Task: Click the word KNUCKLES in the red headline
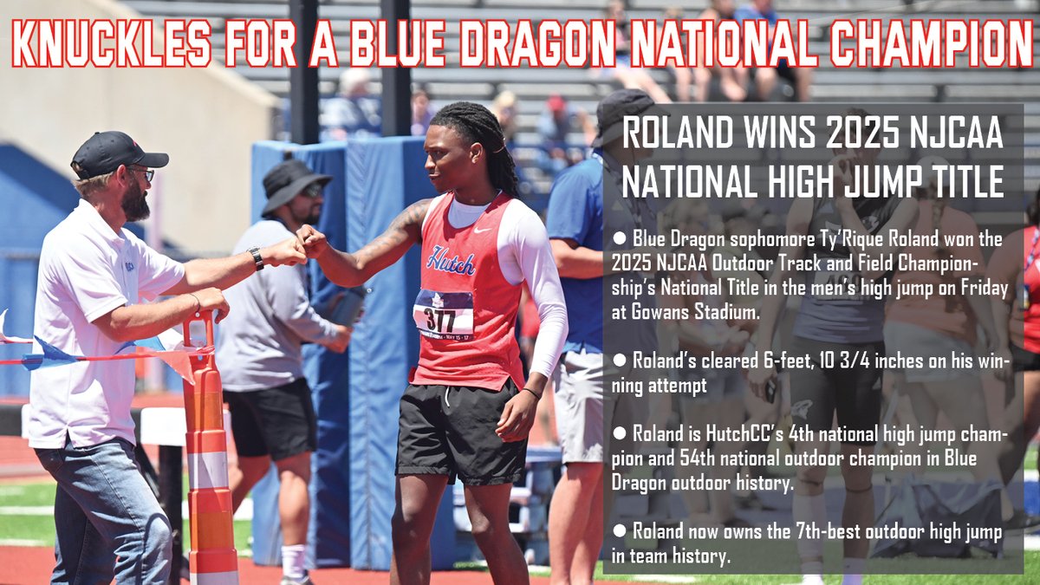pos(112,43)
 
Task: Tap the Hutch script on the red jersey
pos(451,259)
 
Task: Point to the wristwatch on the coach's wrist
pos(256,258)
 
